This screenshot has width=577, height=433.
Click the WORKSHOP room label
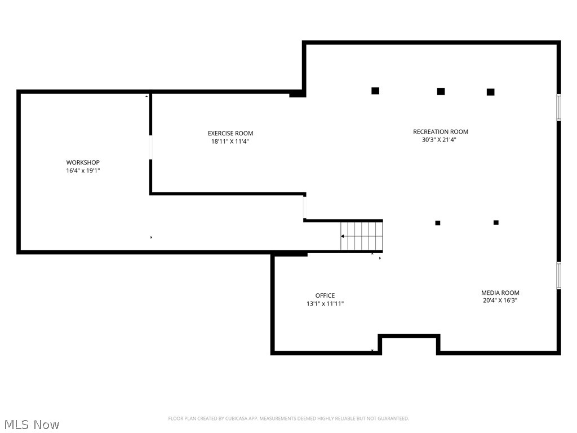click(83, 162)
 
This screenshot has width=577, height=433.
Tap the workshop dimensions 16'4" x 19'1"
click(83, 170)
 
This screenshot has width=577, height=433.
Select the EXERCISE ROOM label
click(230, 134)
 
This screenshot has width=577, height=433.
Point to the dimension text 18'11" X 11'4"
click(230, 142)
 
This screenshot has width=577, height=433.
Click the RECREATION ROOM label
click(440, 132)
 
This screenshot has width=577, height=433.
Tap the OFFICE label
click(325, 295)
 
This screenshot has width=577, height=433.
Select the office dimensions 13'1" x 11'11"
click(325, 304)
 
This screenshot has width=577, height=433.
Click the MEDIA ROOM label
click(500, 293)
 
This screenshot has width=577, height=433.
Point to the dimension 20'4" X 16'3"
click(500, 301)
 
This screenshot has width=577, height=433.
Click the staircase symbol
click(362, 236)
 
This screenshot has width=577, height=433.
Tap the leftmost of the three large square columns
click(375, 91)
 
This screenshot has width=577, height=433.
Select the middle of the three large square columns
click(441, 91)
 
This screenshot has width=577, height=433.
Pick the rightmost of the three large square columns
click(490, 92)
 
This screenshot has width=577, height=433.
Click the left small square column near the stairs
click(437, 223)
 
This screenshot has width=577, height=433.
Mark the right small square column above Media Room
click(496, 223)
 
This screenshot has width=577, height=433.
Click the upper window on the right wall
click(558, 107)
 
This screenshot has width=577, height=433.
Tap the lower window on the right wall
click(558, 276)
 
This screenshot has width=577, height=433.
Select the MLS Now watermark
click(31, 424)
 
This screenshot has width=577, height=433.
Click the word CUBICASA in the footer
click(229, 418)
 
